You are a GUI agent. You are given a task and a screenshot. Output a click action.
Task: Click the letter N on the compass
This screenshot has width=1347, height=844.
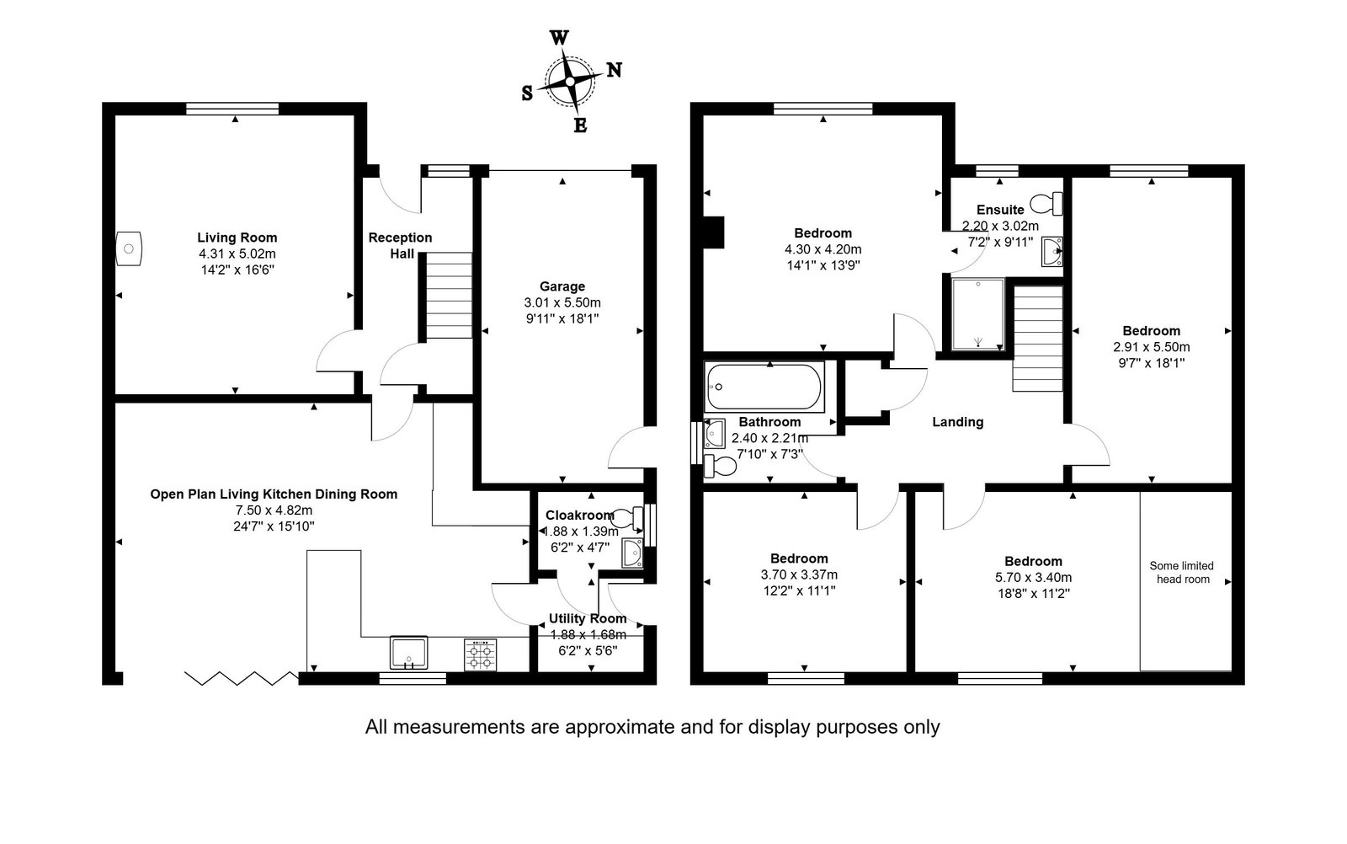[x=614, y=71]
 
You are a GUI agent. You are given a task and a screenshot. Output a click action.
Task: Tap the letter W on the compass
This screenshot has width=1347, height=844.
[x=559, y=38]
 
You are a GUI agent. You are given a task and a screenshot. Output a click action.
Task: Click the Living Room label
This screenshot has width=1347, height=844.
[x=237, y=238]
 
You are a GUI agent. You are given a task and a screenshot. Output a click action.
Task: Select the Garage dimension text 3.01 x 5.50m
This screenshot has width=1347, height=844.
[x=562, y=302]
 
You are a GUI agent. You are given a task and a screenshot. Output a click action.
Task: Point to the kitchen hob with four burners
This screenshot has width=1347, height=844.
[x=481, y=654]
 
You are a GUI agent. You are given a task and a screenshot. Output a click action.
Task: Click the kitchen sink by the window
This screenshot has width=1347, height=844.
[x=409, y=653]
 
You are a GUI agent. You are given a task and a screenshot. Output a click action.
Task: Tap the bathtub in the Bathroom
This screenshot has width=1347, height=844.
[x=764, y=387]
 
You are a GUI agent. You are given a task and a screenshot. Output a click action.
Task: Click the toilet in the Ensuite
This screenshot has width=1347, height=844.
[x=1046, y=204]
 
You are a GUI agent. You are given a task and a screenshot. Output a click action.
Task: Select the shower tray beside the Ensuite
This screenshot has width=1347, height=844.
[x=978, y=313]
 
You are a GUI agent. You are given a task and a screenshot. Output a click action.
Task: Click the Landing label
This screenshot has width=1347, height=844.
[x=958, y=422]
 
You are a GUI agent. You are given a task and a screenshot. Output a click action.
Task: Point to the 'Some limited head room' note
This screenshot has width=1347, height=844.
[x=1182, y=573]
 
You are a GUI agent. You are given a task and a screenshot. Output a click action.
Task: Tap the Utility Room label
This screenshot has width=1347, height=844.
[x=588, y=618]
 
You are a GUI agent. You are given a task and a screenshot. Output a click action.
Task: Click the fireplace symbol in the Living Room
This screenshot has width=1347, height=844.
[x=129, y=248]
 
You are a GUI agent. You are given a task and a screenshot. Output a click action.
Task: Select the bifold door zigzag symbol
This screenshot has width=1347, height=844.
[x=242, y=679]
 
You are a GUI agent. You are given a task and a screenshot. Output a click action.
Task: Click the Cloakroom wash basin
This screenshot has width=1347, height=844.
[x=632, y=553]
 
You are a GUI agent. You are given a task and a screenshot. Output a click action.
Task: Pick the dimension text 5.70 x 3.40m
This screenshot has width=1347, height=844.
[x=1033, y=578]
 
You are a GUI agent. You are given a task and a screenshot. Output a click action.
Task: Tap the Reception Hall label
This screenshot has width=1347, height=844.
[x=401, y=245]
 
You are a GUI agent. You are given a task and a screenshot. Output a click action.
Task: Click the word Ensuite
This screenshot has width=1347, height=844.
[x=1000, y=210]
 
